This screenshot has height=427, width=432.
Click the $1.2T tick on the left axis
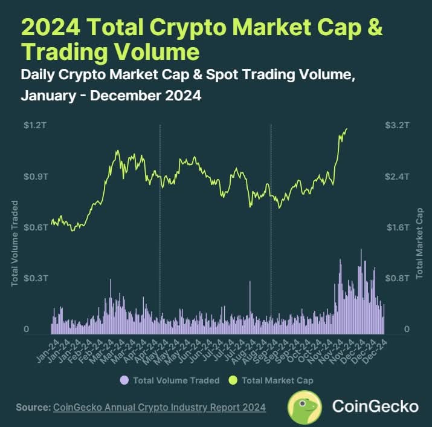pos(36,126)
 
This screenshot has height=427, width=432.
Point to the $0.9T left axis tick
pos(36,177)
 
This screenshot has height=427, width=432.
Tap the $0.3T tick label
pos(36,278)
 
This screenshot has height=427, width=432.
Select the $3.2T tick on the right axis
pos(397,126)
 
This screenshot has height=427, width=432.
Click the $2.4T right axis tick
pos(397,177)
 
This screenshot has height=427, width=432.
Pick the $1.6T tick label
pos(398,227)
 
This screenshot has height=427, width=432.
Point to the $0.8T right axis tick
pos(397,278)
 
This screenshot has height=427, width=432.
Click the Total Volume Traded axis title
pos(15,243)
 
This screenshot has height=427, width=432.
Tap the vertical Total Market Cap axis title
pos(419,243)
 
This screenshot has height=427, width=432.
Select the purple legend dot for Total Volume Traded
pos(124,380)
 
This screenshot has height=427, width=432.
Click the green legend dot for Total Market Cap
pos(233,380)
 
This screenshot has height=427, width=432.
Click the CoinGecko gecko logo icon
pos(304,407)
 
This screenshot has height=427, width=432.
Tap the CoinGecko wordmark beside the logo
pos(376,406)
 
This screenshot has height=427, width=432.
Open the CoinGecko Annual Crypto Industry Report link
pos(160,408)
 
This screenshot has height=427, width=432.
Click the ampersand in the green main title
pos(375,27)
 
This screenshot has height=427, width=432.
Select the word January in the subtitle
pos(48,96)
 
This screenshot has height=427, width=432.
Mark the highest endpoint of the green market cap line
pos(347,129)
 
